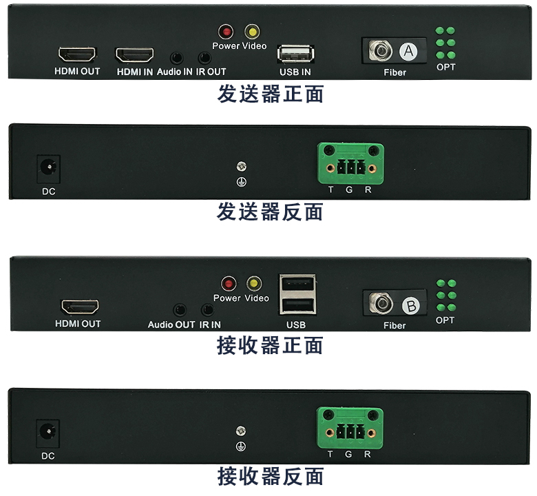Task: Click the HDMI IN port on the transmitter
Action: [134, 55]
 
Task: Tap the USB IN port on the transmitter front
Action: [296, 54]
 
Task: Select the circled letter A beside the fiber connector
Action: [408, 52]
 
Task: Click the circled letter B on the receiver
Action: [411, 305]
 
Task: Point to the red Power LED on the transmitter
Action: [226, 32]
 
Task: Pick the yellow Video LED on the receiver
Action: [254, 283]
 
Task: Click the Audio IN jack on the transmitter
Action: [177, 58]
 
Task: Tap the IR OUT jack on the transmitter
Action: [204, 58]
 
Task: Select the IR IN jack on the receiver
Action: [207, 309]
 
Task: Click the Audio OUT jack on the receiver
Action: [180, 309]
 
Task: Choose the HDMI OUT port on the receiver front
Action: [80, 307]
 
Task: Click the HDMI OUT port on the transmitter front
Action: [77, 54]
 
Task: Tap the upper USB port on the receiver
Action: [297, 285]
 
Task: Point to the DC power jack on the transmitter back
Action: [49, 168]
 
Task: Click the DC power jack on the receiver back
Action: [48, 433]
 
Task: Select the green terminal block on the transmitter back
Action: [350, 163]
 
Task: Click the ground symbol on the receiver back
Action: [241, 446]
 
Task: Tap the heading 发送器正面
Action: [271, 94]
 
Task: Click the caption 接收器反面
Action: [271, 476]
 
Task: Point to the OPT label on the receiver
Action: [445, 320]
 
